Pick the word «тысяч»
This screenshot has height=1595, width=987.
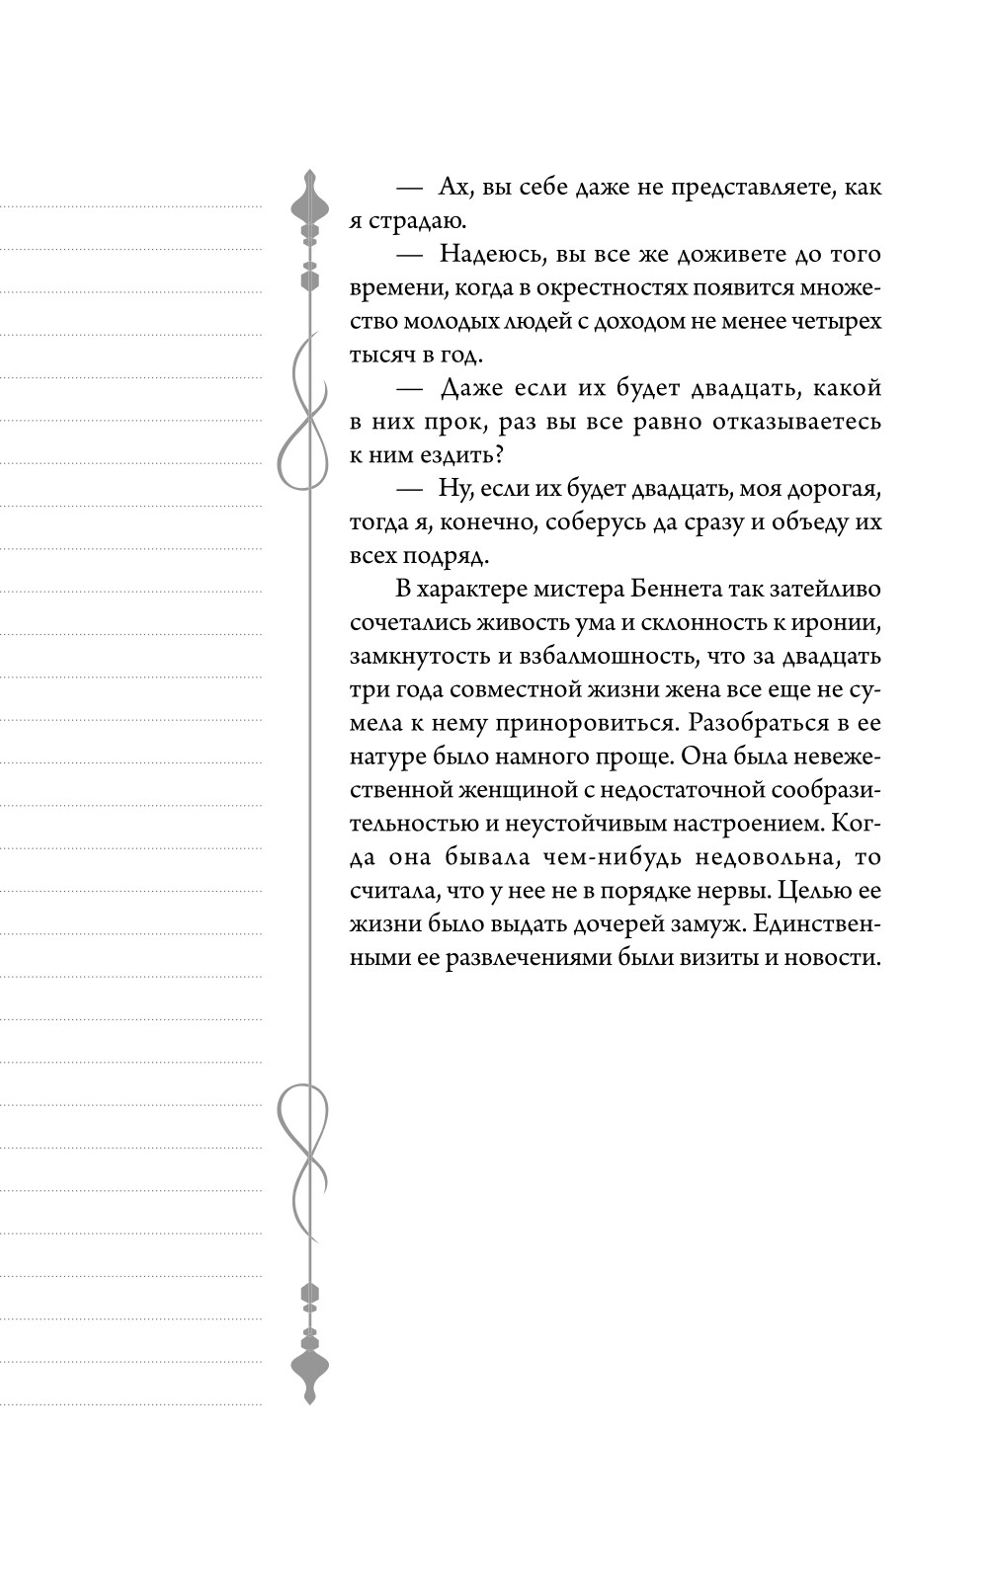pyautogui.click(x=383, y=356)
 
